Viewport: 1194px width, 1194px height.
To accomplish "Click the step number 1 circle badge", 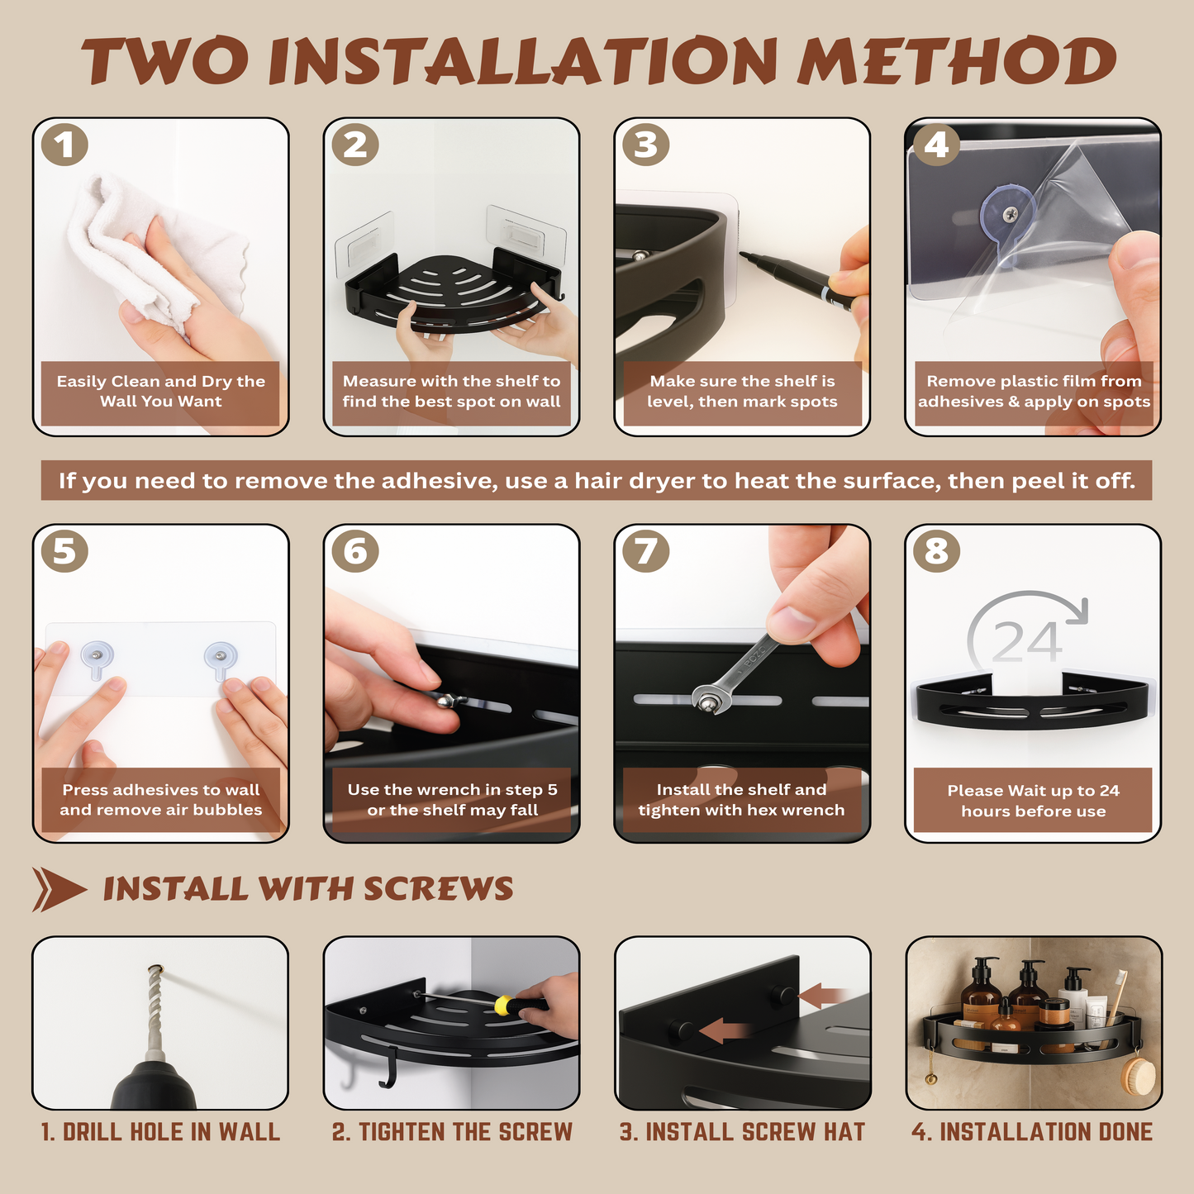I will click(x=64, y=145).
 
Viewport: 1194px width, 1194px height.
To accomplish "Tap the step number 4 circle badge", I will click(x=936, y=145).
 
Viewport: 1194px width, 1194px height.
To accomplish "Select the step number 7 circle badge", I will click(x=645, y=551).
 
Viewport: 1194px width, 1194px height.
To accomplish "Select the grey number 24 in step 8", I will click(x=1026, y=643).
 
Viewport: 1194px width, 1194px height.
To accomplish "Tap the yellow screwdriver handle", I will click(x=507, y=1006).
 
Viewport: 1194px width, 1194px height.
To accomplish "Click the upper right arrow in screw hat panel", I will click(x=823, y=996).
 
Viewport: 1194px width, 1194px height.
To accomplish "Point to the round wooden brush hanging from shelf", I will click(x=1138, y=1077).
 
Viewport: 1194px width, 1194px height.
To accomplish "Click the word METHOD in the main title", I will click(x=956, y=63).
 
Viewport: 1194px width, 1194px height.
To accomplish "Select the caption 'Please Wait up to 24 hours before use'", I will click(x=1033, y=801).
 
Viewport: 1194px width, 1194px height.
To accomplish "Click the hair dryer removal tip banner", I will click(x=597, y=481).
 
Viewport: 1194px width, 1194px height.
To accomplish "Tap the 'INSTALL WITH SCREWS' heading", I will click(x=307, y=889).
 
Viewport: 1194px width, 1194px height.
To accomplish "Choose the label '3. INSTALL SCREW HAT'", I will click(x=742, y=1132).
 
